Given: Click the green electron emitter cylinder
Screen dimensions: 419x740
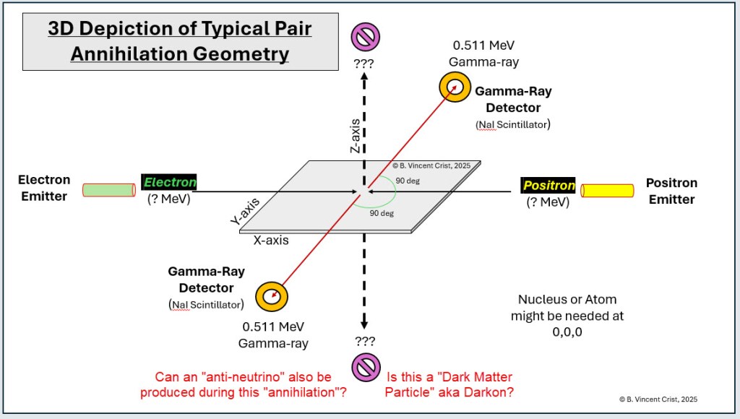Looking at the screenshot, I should (x=108, y=190).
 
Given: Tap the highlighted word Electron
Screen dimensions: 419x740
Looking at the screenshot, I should (x=169, y=183).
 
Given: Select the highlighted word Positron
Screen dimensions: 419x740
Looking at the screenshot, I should (x=548, y=186).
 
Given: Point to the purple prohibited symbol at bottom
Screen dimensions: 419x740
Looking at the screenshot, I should (x=364, y=367).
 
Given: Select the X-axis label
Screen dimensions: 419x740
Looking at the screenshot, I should (x=271, y=240).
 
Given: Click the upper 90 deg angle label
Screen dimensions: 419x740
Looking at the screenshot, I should (x=413, y=181).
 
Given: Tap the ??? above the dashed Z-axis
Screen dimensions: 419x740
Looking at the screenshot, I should (x=364, y=63).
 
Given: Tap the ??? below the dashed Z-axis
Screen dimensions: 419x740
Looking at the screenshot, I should (x=364, y=341).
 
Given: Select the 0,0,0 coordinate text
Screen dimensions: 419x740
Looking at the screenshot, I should (x=567, y=333).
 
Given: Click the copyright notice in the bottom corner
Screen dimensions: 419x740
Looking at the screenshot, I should (x=658, y=399).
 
